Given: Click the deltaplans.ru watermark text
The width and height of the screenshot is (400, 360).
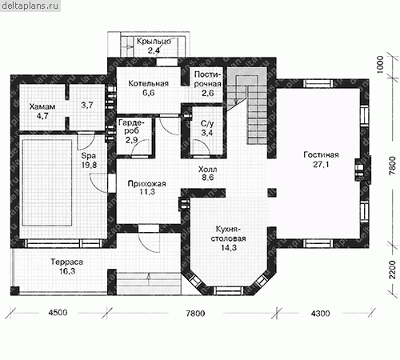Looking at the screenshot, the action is [x=30, y=6].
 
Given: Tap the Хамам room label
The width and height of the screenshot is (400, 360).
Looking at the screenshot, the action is [x=42, y=106].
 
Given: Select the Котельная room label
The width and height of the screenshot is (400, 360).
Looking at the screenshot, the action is [x=148, y=83].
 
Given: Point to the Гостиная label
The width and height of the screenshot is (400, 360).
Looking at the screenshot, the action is [x=321, y=154].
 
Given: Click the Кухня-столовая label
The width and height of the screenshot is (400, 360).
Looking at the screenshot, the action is [x=228, y=234].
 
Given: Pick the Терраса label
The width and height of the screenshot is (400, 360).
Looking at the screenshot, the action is [x=67, y=262].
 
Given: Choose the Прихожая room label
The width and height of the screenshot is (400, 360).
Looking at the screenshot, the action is [x=146, y=184].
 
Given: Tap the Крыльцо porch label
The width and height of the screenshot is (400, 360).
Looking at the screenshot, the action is [x=154, y=42].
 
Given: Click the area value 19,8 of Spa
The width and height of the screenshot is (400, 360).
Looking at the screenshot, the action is [x=90, y=165].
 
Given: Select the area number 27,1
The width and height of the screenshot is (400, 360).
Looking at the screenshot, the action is [x=321, y=165].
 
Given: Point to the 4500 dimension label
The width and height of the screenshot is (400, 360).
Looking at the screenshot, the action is [x=58, y=313].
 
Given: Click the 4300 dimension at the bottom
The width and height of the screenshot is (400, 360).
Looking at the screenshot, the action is [x=320, y=313].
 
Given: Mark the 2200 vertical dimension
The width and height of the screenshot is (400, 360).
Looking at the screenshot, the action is [x=392, y=270].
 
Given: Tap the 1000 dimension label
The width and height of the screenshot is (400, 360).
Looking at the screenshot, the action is [x=380, y=64].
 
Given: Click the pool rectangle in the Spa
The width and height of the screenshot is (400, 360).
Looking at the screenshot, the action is [x=47, y=182].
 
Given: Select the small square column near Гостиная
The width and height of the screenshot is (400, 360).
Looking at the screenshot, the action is [x=272, y=193].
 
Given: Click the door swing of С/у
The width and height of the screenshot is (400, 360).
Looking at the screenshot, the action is [x=201, y=147].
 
